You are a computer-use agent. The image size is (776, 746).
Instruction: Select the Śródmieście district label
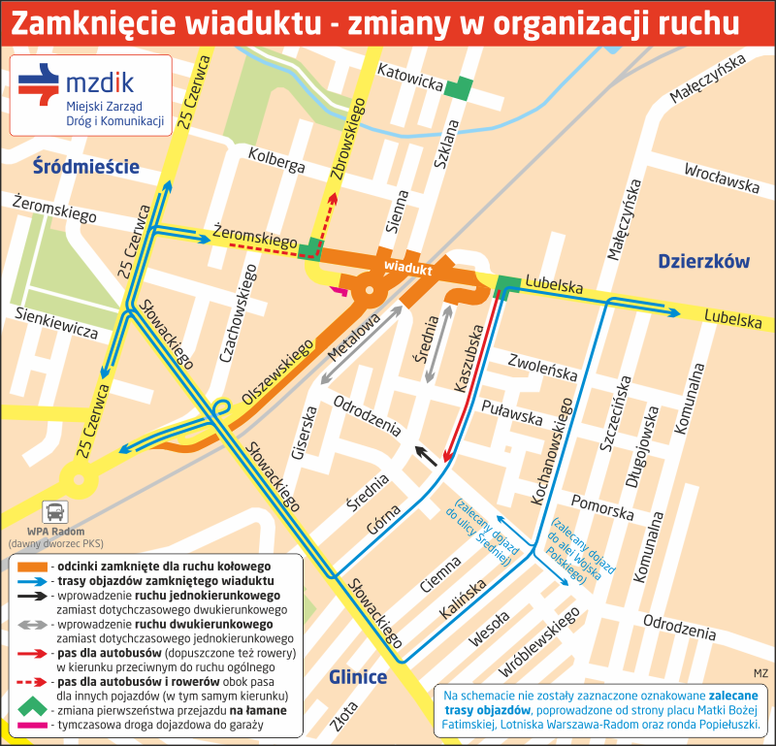click(84, 165)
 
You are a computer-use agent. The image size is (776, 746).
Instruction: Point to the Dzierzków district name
click(703, 261)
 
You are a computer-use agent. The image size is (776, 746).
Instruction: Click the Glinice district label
click(357, 677)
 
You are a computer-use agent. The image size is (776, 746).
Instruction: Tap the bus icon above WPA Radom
click(57, 511)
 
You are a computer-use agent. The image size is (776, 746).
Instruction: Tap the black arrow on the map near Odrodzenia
click(426, 455)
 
